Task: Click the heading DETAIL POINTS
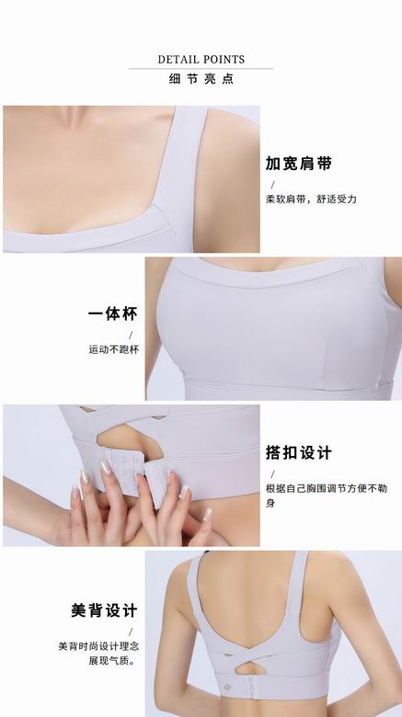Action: tap(201, 60)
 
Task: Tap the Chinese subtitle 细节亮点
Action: tap(201, 79)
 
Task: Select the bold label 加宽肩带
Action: tap(299, 164)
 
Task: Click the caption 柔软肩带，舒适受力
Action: tap(311, 199)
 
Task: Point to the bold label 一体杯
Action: tap(112, 313)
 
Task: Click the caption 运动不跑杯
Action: tap(113, 349)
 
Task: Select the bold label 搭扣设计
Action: tap(299, 452)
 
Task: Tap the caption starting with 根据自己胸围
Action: tap(327, 495)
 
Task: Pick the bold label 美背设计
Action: tap(104, 610)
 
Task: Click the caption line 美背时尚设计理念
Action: tap(98, 646)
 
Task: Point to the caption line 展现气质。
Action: tap(113, 661)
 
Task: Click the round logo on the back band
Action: tap(227, 687)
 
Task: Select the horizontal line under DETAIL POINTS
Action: tap(201, 69)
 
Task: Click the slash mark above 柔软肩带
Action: tap(273, 185)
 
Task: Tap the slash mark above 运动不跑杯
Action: tap(131, 336)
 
